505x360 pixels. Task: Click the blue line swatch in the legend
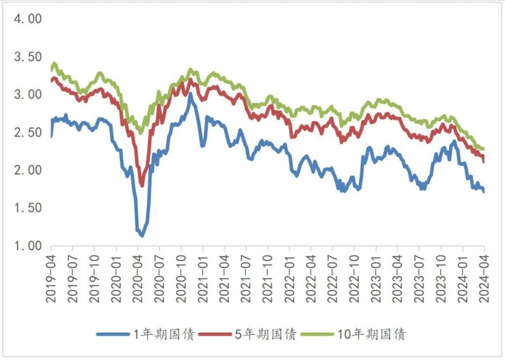point(113,334)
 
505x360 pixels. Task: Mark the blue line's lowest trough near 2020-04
point(142,235)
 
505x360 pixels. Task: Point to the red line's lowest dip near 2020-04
point(142,185)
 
